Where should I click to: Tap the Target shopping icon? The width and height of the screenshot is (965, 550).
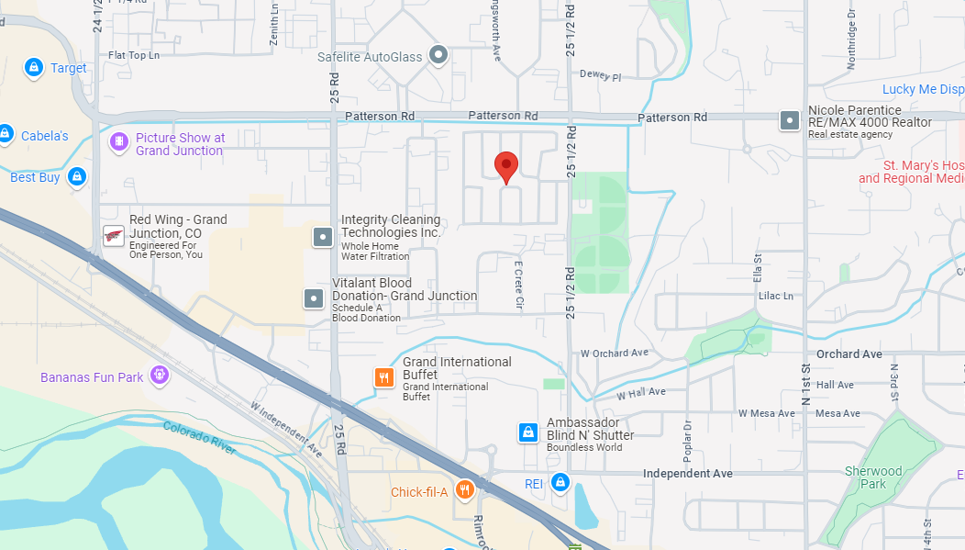coord(33,68)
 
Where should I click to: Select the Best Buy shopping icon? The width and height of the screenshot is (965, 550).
coord(77,176)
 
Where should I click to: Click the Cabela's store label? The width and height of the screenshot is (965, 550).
coord(45,136)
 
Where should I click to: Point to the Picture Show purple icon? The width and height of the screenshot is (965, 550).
coord(118,142)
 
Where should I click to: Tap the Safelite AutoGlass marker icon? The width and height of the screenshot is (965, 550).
coord(438,56)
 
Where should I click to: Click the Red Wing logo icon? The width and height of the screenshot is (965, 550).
coord(114,236)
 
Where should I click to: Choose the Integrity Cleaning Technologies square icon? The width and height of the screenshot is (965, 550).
coord(323,237)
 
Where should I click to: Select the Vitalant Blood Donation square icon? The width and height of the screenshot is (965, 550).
coord(314,297)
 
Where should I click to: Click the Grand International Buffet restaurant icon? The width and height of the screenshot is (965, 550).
coord(384,377)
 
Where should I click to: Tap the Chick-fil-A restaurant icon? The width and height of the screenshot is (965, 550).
coord(465,490)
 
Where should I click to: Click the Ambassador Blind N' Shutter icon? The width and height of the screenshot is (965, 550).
coord(527,432)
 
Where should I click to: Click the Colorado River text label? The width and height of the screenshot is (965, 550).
coord(200,438)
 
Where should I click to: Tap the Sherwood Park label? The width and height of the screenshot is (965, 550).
coord(873,477)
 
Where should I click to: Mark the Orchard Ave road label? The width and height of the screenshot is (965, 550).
coord(849,354)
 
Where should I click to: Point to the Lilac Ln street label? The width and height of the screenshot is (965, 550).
coord(775,296)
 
